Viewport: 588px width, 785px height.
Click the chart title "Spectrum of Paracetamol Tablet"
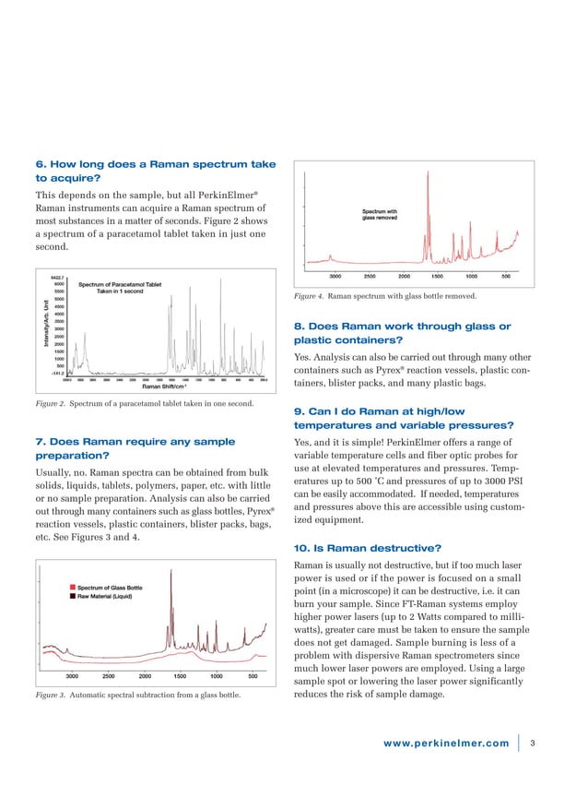(121, 284)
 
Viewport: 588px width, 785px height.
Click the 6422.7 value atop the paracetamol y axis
(56, 277)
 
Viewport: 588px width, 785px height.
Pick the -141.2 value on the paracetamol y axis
(56, 372)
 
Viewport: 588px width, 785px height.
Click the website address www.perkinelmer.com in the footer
(447, 743)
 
